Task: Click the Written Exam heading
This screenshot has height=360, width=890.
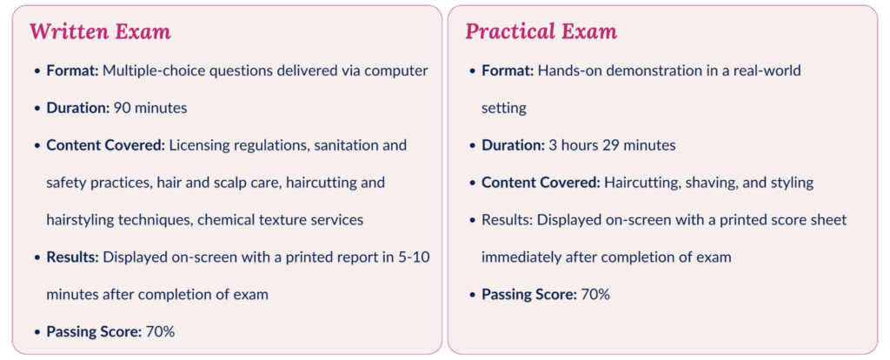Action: [x=100, y=32]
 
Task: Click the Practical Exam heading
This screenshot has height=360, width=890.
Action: [x=541, y=32]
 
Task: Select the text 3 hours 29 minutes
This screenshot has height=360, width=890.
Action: [x=612, y=145]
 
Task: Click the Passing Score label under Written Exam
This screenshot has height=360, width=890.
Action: [x=93, y=331]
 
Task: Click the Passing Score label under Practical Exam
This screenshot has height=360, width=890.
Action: [x=528, y=294]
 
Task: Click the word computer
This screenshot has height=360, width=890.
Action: [x=397, y=70]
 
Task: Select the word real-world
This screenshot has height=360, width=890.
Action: [x=767, y=70]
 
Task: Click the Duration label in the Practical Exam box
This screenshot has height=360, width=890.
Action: [x=513, y=145]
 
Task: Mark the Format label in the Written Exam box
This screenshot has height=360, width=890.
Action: [x=72, y=70]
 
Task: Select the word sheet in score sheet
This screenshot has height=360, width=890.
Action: [x=828, y=220]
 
